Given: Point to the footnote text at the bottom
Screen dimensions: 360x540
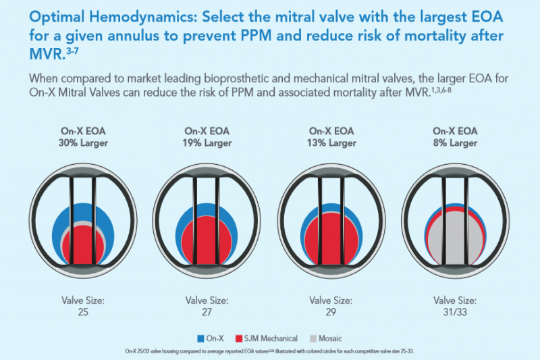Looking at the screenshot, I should [x=270, y=351].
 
